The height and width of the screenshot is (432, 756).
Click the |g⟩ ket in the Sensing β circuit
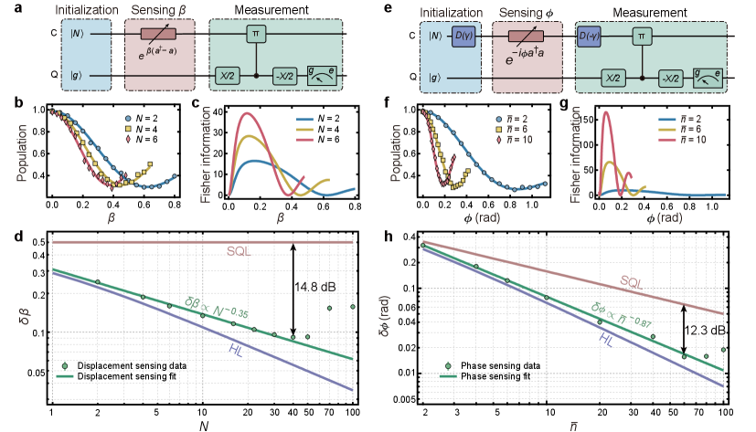pos(78,79)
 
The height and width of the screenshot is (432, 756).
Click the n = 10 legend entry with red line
pos(688,141)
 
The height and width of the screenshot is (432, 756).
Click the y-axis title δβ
pos(25,320)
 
